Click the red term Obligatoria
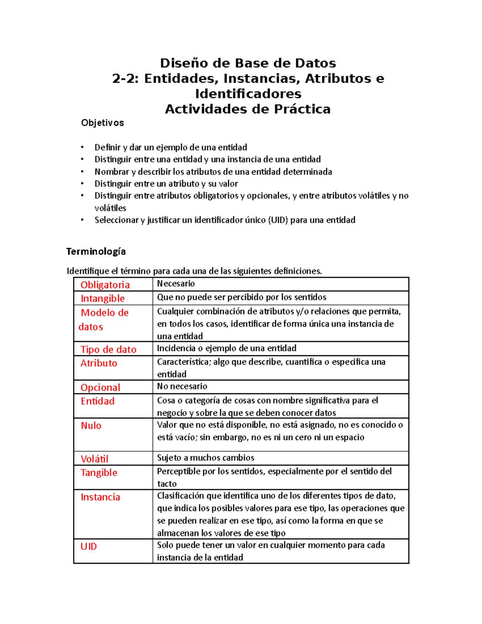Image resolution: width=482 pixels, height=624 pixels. pos(105,285)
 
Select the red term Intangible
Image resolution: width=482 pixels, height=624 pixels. pos(102,299)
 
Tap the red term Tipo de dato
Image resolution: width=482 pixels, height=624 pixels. pos(108,350)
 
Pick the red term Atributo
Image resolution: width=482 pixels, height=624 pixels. pos(99,363)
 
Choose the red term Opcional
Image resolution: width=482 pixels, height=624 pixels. pos(100,388)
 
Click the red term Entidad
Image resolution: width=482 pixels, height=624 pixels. pos(98,401)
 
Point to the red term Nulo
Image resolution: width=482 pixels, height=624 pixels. pos(91,426)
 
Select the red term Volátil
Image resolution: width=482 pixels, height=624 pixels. pos(94,459)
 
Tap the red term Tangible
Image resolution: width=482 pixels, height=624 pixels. pos(99,473)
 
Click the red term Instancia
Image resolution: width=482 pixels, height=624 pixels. pos(100,497)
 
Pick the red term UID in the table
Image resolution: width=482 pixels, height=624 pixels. pos(89,546)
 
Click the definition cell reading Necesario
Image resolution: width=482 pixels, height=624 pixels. pos(176,284)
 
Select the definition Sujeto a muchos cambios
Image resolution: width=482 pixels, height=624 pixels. pos(206,458)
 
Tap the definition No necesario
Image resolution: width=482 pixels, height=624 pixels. pos(182,387)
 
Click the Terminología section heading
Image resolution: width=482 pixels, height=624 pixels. pos(96,252)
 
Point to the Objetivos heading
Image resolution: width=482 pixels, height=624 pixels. pos(102,123)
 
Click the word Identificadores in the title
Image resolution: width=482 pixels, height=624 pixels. pos(248,94)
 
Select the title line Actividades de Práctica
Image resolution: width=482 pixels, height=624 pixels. pos(248,109)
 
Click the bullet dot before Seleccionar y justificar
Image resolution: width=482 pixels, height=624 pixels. pos(82,220)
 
